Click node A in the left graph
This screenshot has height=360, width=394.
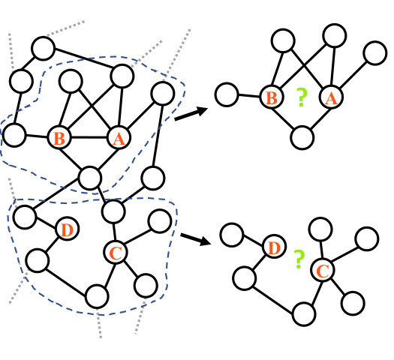(x=119, y=138)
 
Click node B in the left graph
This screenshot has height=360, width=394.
(x=59, y=137)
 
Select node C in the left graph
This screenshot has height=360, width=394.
(x=116, y=252)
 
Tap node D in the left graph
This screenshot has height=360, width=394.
(x=67, y=229)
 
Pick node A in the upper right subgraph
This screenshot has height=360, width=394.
(x=331, y=97)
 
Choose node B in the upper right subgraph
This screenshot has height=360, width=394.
(x=272, y=97)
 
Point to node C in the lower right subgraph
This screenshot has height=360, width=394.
(x=323, y=270)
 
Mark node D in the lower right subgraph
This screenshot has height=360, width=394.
(x=275, y=247)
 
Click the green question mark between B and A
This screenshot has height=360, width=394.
(x=302, y=97)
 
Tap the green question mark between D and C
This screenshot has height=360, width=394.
(x=299, y=259)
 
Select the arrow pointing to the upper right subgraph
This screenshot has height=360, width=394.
(x=191, y=113)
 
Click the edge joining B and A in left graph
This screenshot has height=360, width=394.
(x=89, y=137)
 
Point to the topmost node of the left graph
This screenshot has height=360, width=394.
(x=44, y=49)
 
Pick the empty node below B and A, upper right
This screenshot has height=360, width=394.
(x=302, y=138)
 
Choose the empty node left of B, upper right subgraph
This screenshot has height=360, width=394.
(x=227, y=94)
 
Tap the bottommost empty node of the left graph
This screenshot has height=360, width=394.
(x=97, y=296)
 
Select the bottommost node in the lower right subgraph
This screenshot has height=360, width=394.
(x=304, y=314)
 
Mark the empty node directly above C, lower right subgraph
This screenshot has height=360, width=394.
(x=320, y=229)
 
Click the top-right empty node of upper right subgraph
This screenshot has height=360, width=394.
(x=375, y=53)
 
